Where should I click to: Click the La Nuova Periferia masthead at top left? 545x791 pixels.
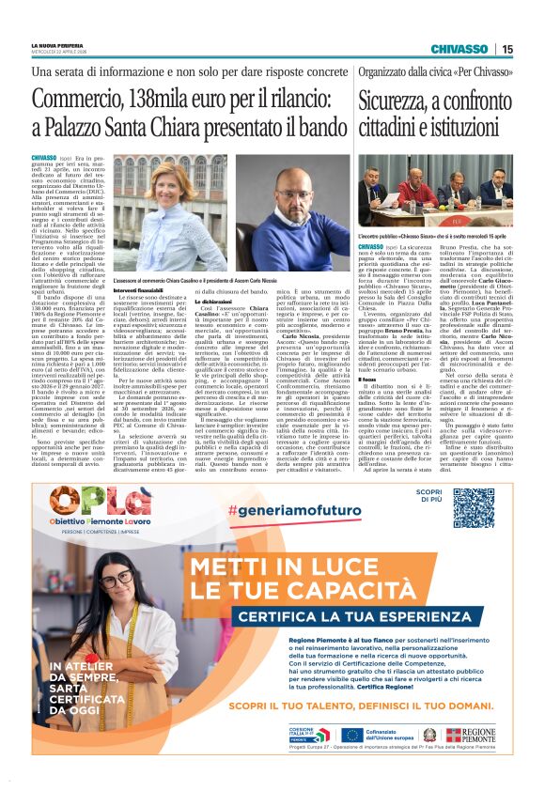[54, 46]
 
